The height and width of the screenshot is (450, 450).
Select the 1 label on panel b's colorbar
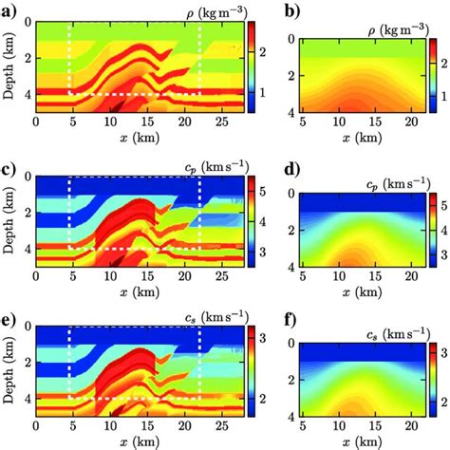coord(441,96)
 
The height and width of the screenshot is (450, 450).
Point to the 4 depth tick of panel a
coord(27,95)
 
